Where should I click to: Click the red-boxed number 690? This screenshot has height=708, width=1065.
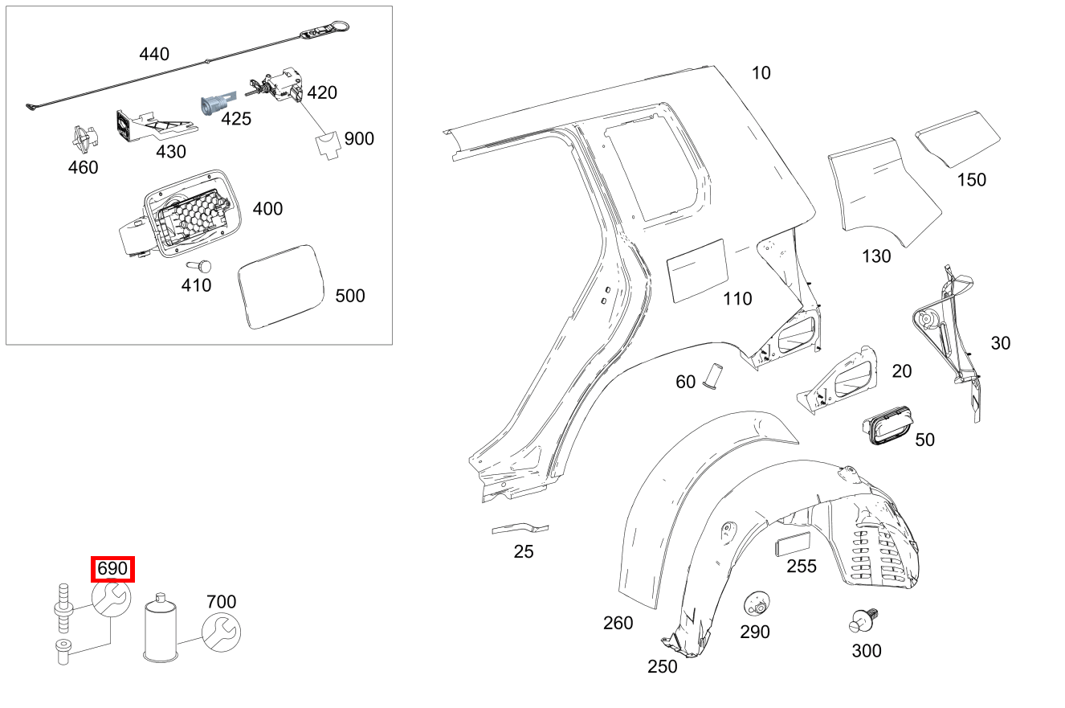(112, 569)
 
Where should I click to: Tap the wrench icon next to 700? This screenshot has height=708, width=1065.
(220, 632)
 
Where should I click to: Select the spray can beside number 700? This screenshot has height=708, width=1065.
(161, 629)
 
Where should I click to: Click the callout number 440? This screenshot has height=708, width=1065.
(154, 55)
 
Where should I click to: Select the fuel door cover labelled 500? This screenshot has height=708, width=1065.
(280, 286)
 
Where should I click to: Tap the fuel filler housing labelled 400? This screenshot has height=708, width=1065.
(181, 215)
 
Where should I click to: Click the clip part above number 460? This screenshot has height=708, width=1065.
(83, 140)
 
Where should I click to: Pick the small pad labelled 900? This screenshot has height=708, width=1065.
(326, 146)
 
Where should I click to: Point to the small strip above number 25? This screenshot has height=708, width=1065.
(520, 528)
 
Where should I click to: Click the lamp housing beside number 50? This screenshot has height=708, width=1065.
(886, 426)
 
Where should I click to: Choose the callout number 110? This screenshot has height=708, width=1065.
(737, 299)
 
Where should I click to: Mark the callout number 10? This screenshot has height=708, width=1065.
(761, 73)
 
